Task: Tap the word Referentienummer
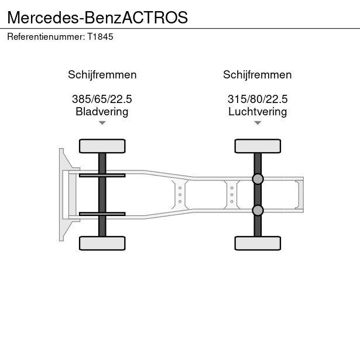coord(46,36)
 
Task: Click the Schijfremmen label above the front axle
coord(102,75)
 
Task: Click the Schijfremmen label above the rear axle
coord(257,75)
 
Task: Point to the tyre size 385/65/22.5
coord(102,100)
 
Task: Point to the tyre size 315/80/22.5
coord(257,100)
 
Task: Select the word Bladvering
coord(102,111)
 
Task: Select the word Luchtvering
coord(257,111)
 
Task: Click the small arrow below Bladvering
coord(102,123)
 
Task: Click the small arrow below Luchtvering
coord(257,123)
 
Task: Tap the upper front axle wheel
coord(102,145)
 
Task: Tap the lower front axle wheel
coord(102,243)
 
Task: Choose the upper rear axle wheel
coord(257,145)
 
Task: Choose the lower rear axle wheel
coord(257,243)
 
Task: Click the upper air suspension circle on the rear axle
coord(257,179)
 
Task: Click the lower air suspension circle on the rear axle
coord(257,210)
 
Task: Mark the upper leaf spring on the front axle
coord(102,174)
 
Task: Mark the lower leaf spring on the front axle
coord(102,214)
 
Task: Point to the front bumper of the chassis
coord(61,194)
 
